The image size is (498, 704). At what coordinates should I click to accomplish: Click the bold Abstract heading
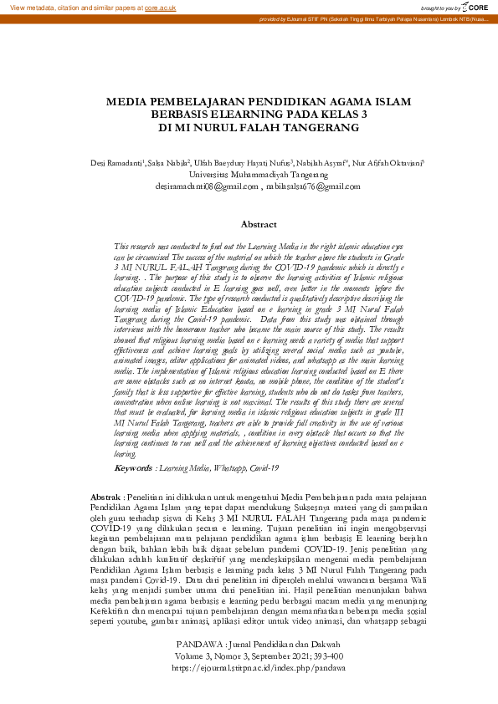[259, 225]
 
